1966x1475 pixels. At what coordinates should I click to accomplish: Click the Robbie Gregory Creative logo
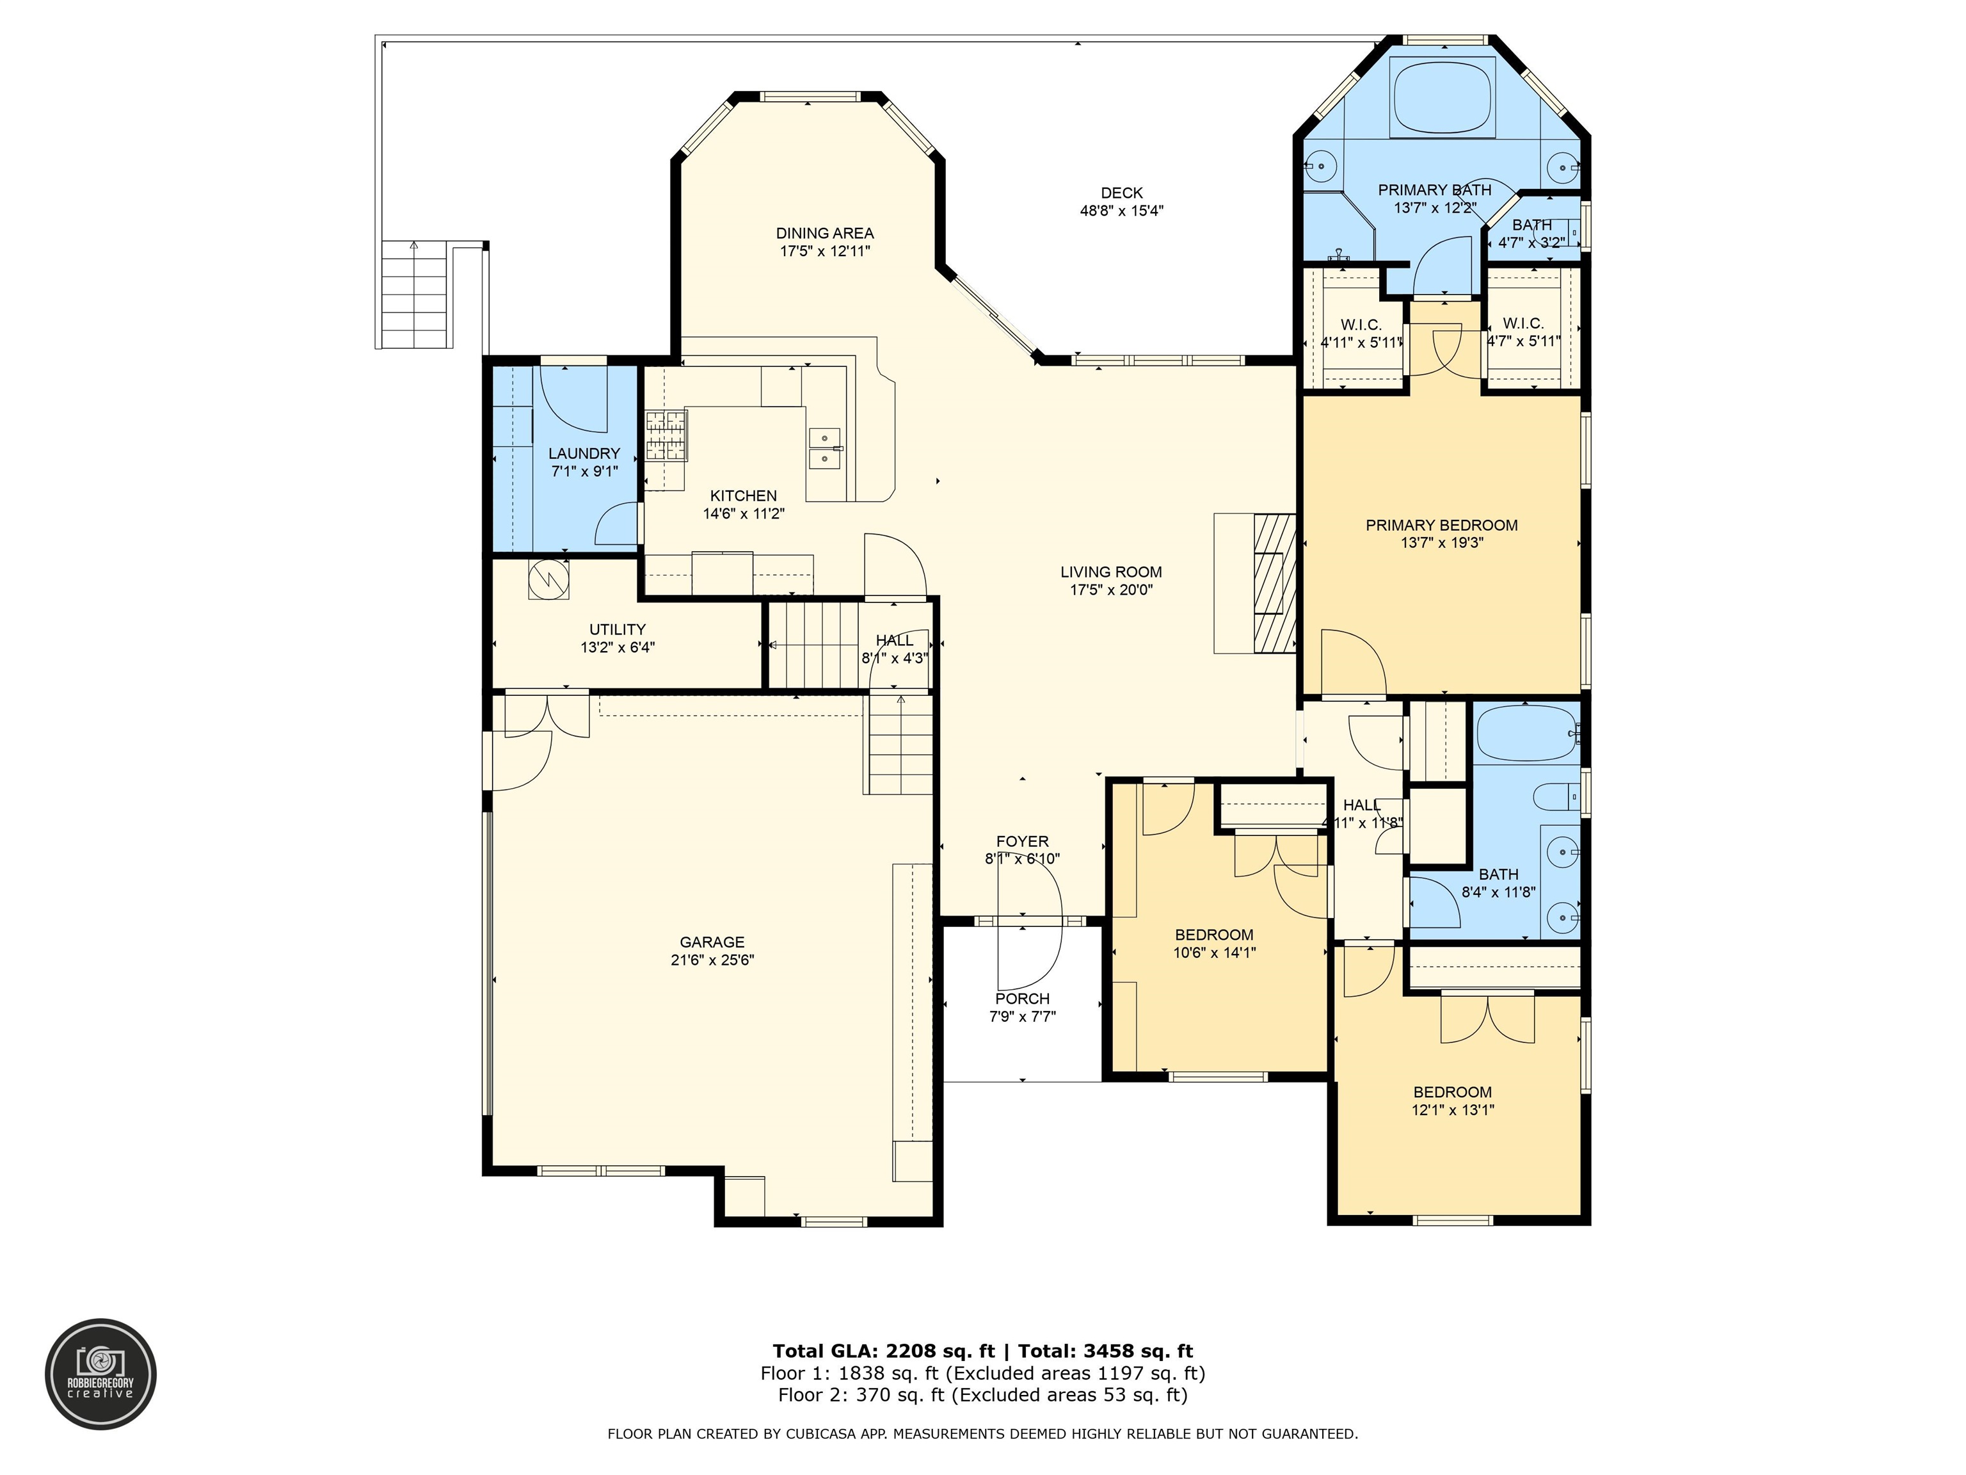(x=100, y=1374)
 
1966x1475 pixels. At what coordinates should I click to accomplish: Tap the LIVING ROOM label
(x=1111, y=572)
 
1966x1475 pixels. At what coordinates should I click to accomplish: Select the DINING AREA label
(x=825, y=233)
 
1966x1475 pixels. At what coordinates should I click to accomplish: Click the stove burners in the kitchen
(x=666, y=436)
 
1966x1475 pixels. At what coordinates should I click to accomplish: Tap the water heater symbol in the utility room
(x=548, y=579)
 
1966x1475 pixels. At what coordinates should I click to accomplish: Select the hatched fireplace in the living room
(x=1275, y=584)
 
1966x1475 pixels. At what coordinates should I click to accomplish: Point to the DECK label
(x=1122, y=193)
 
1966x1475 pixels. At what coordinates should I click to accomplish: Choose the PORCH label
(x=1022, y=999)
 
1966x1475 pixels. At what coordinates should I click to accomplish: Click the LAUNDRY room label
(x=584, y=453)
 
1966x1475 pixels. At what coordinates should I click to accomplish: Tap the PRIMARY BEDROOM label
(x=1442, y=526)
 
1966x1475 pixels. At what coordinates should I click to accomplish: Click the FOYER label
(x=1022, y=841)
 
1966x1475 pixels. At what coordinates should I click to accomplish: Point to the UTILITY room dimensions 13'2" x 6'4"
(x=618, y=647)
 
